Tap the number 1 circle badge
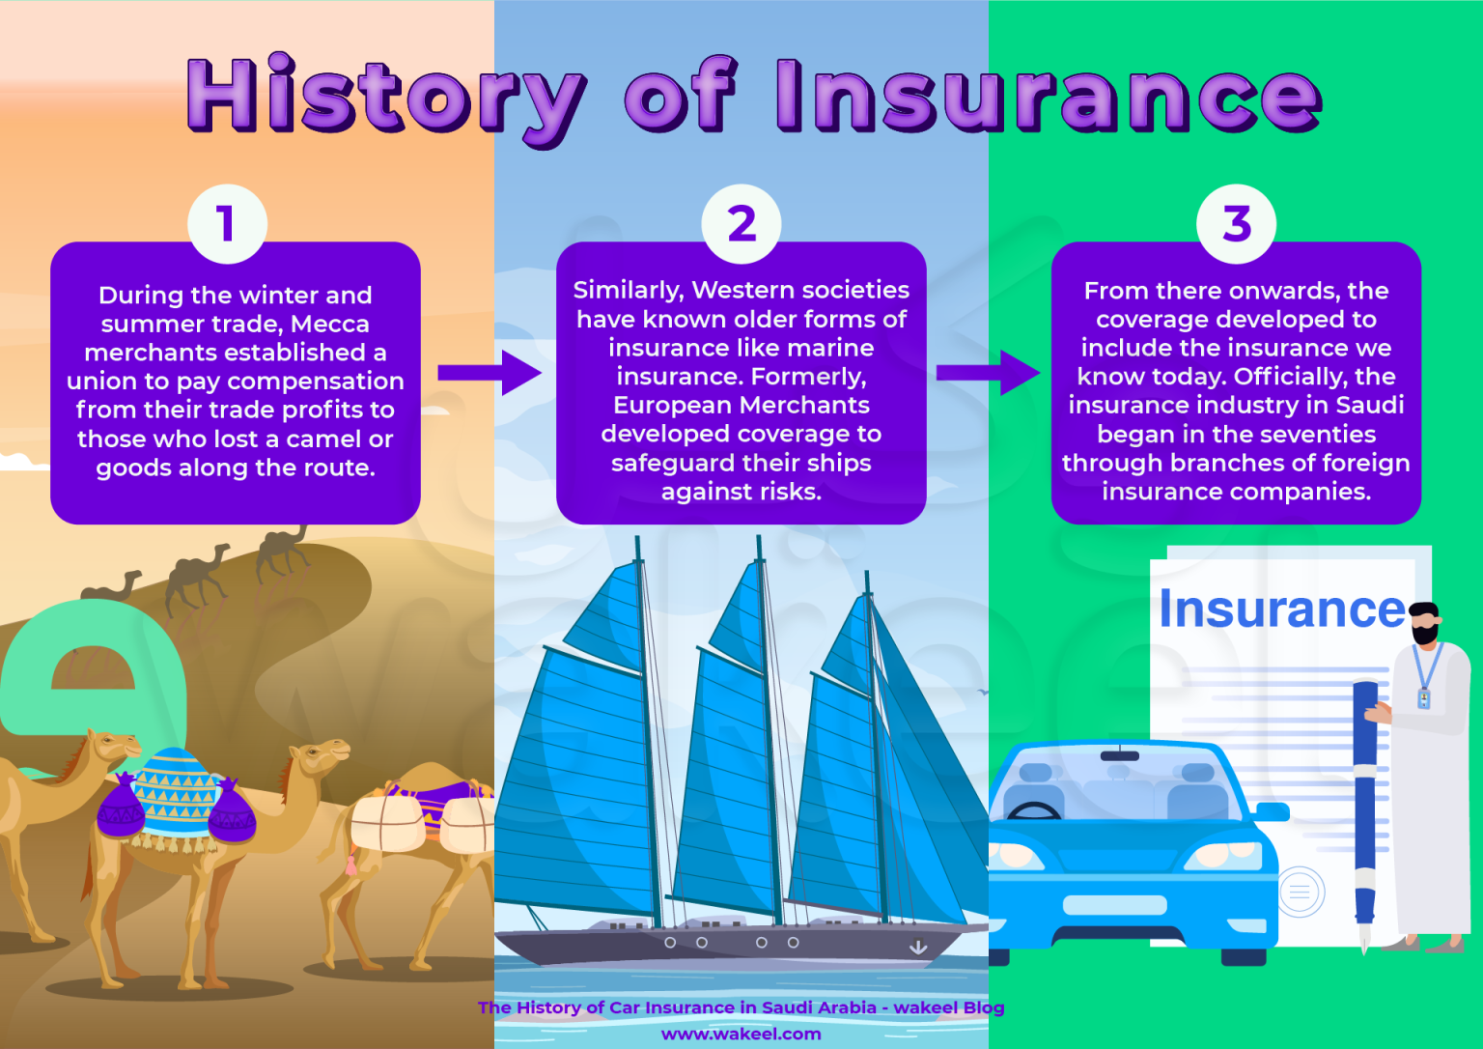point(227,224)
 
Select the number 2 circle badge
point(741,224)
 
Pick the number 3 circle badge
point(1236,224)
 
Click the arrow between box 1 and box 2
point(490,373)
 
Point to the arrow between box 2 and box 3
point(988,373)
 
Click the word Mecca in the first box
point(330,324)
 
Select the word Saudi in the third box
point(1370,405)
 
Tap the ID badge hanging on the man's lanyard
point(1423,698)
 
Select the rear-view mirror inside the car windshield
point(1119,755)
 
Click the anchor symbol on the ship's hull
point(918,947)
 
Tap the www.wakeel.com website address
point(741,1034)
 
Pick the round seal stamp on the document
point(1301,892)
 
